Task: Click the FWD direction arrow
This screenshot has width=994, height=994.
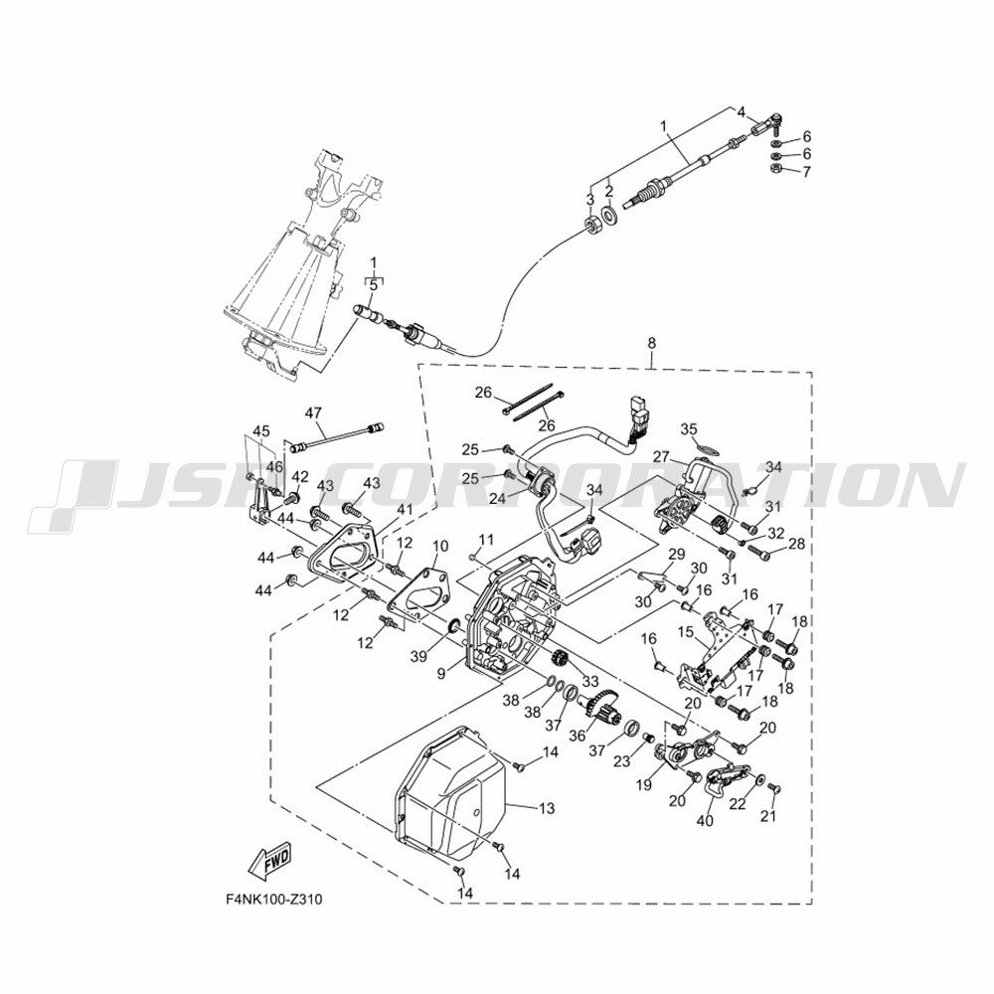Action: click(x=271, y=861)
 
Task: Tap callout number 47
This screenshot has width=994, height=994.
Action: click(x=313, y=413)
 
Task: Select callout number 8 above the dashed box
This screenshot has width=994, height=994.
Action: click(x=652, y=343)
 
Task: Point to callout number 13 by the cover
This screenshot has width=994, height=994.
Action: click(x=546, y=808)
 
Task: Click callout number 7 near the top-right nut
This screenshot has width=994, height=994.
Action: click(x=806, y=172)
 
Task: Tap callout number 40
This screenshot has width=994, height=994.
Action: click(x=705, y=820)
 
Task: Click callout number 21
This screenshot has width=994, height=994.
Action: click(x=768, y=816)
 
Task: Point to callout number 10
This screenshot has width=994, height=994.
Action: click(x=440, y=547)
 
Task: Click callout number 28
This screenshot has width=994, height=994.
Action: click(x=796, y=544)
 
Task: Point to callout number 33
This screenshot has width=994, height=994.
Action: click(x=590, y=682)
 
